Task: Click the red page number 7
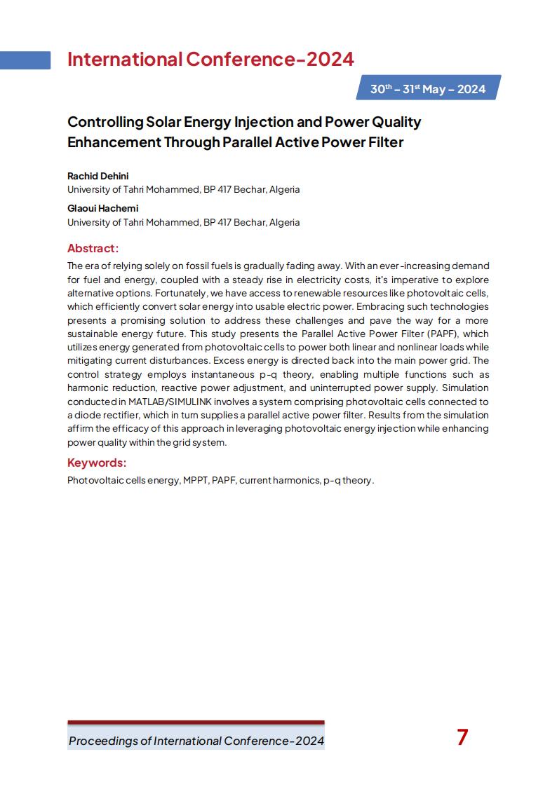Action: [x=462, y=737]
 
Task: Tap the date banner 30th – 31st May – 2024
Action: [x=428, y=89]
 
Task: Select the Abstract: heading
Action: [x=93, y=248]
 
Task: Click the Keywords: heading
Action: [x=97, y=463]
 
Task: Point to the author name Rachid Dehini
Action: [x=98, y=176]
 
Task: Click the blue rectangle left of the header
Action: [x=25, y=60]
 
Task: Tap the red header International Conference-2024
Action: [x=210, y=60]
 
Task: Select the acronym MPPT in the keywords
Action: [x=196, y=481]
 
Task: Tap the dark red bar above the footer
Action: [x=196, y=722]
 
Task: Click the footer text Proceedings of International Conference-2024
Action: [x=196, y=741]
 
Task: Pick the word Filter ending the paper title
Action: [x=385, y=142]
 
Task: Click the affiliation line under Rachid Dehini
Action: [x=183, y=189]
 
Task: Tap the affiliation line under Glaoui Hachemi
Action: [x=183, y=222]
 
